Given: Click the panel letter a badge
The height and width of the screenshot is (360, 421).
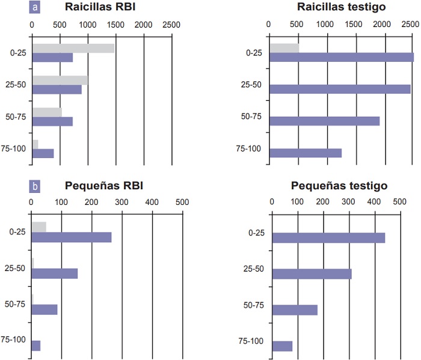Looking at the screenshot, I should (x=36, y=8).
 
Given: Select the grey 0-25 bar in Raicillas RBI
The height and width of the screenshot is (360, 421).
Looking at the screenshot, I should (x=73, y=48).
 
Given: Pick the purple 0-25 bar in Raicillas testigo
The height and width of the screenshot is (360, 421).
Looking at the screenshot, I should (x=341, y=57).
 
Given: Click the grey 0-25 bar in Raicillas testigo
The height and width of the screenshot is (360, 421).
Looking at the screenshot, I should (x=284, y=48).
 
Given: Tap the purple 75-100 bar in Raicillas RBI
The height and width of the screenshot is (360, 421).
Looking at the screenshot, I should (x=43, y=153).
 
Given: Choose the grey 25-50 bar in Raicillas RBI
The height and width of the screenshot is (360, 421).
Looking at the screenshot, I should (x=60, y=80).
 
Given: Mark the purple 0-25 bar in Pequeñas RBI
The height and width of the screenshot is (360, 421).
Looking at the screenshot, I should (x=71, y=237).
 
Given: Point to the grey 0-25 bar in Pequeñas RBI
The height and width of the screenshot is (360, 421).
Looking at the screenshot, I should (x=38, y=227).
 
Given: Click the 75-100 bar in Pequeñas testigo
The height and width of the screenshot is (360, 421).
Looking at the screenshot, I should (x=282, y=346).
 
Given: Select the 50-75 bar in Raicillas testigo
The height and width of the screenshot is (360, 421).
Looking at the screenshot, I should (x=324, y=121).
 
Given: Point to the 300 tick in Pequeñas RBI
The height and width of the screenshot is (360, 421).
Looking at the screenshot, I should (x=121, y=203).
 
